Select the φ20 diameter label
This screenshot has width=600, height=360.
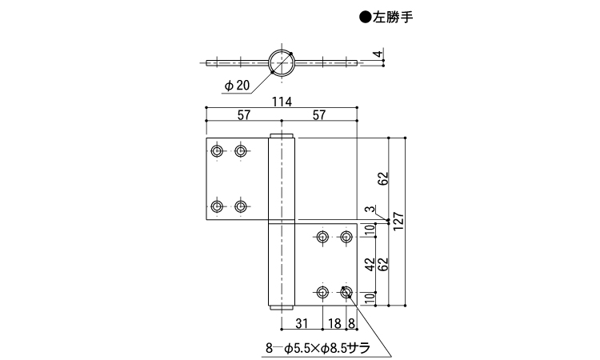[237, 84]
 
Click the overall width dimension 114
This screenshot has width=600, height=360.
[280, 102]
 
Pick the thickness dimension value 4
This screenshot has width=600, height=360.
[377, 55]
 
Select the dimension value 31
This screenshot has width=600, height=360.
[302, 323]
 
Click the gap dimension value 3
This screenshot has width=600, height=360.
[366, 210]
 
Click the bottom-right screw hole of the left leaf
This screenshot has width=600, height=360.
[241, 207]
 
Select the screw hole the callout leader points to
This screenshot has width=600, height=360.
[346, 293]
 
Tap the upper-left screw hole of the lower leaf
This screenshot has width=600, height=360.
[322, 238]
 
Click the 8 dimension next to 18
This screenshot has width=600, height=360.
[351, 323]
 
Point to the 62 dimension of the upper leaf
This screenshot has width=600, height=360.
[383, 178]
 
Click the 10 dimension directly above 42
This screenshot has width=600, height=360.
[369, 232]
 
